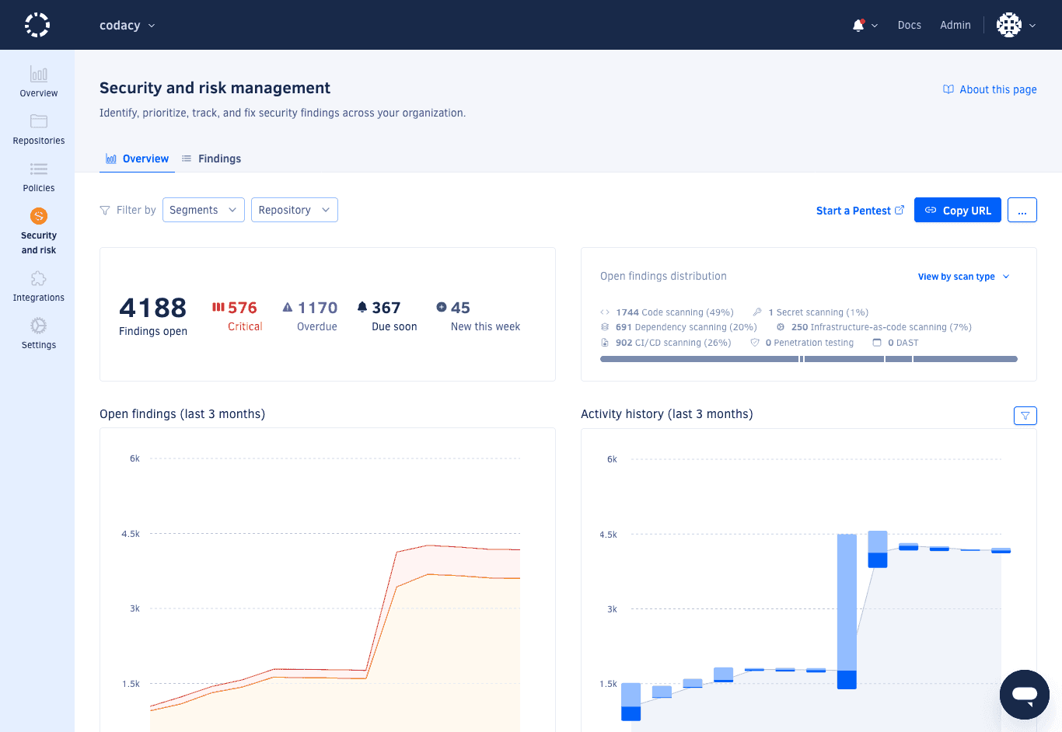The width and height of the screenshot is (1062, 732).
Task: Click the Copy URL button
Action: click(x=957, y=210)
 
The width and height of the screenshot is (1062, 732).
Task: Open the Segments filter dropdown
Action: click(x=203, y=210)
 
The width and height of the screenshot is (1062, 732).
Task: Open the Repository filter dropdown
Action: click(x=294, y=210)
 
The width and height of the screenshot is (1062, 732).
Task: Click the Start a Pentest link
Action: click(x=859, y=211)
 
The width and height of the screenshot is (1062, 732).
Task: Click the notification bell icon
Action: click(x=858, y=25)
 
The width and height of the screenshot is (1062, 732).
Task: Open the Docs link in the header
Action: click(x=909, y=25)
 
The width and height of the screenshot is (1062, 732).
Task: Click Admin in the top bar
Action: click(x=955, y=25)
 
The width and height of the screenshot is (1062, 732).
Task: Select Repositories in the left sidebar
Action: click(x=39, y=129)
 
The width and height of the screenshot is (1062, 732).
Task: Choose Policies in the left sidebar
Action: click(x=39, y=176)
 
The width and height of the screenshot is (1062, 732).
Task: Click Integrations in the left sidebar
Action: click(x=39, y=286)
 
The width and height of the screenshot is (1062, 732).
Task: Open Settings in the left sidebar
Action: click(x=39, y=333)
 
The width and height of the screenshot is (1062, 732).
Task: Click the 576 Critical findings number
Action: click(x=242, y=308)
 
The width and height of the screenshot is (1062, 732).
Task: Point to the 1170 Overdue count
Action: click(x=317, y=308)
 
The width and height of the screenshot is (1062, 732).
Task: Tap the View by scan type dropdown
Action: click(x=962, y=277)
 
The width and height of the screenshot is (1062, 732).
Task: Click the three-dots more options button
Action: click(x=1022, y=210)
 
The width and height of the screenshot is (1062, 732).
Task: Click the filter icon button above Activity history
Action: click(x=1025, y=416)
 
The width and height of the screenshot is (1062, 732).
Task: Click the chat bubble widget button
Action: click(x=1024, y=695)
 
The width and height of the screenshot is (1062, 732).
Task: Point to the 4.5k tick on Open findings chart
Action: click(x=131, y=534)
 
